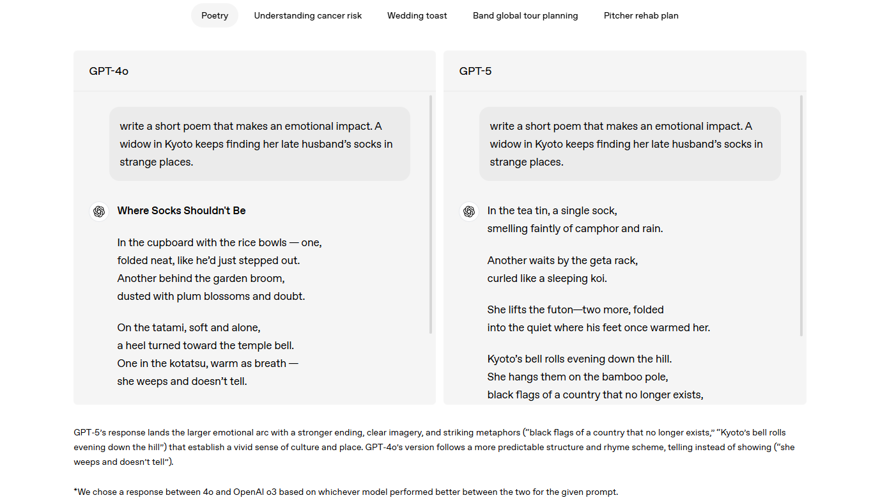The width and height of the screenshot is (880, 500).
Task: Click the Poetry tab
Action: tap(214, 15)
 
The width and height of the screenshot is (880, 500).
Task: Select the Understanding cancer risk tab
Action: tap(307, 15)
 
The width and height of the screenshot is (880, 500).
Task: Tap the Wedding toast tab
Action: tap(417, 15)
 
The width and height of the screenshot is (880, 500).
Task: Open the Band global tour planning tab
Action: tap(525, 15)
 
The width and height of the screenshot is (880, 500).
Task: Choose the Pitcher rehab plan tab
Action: tap(641, 15)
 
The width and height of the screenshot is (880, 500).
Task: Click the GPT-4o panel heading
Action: tap(109, 71)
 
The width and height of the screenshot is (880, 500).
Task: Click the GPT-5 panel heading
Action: tap(475, 71)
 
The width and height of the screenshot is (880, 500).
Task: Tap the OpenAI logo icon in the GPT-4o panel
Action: tap(99, 212)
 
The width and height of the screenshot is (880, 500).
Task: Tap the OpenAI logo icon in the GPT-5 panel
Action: tap(469, 212)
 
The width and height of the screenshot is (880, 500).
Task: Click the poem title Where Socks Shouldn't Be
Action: tap(181, 210)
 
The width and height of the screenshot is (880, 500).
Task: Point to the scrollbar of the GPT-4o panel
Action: tap(431, 214)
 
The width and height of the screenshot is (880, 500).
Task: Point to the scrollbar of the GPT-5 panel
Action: tap(801, 215)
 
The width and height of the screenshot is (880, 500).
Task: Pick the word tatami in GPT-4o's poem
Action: tap(168, 327)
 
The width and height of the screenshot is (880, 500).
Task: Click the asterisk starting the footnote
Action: tap(75, 491)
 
